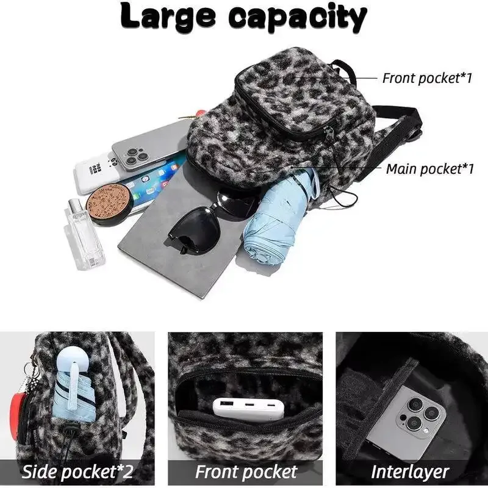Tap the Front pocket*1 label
(x=427, y=78)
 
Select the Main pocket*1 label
(x=429, y=169)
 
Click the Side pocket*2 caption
(x=77, y=472)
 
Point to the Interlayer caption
(x=410, y=472)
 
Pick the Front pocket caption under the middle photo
(x=246, y=472)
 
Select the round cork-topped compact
(x=110, y=204)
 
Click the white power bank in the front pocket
(x=248, y=409)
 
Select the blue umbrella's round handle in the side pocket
(x=73, y=359)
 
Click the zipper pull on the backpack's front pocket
(x=330, y=134)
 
